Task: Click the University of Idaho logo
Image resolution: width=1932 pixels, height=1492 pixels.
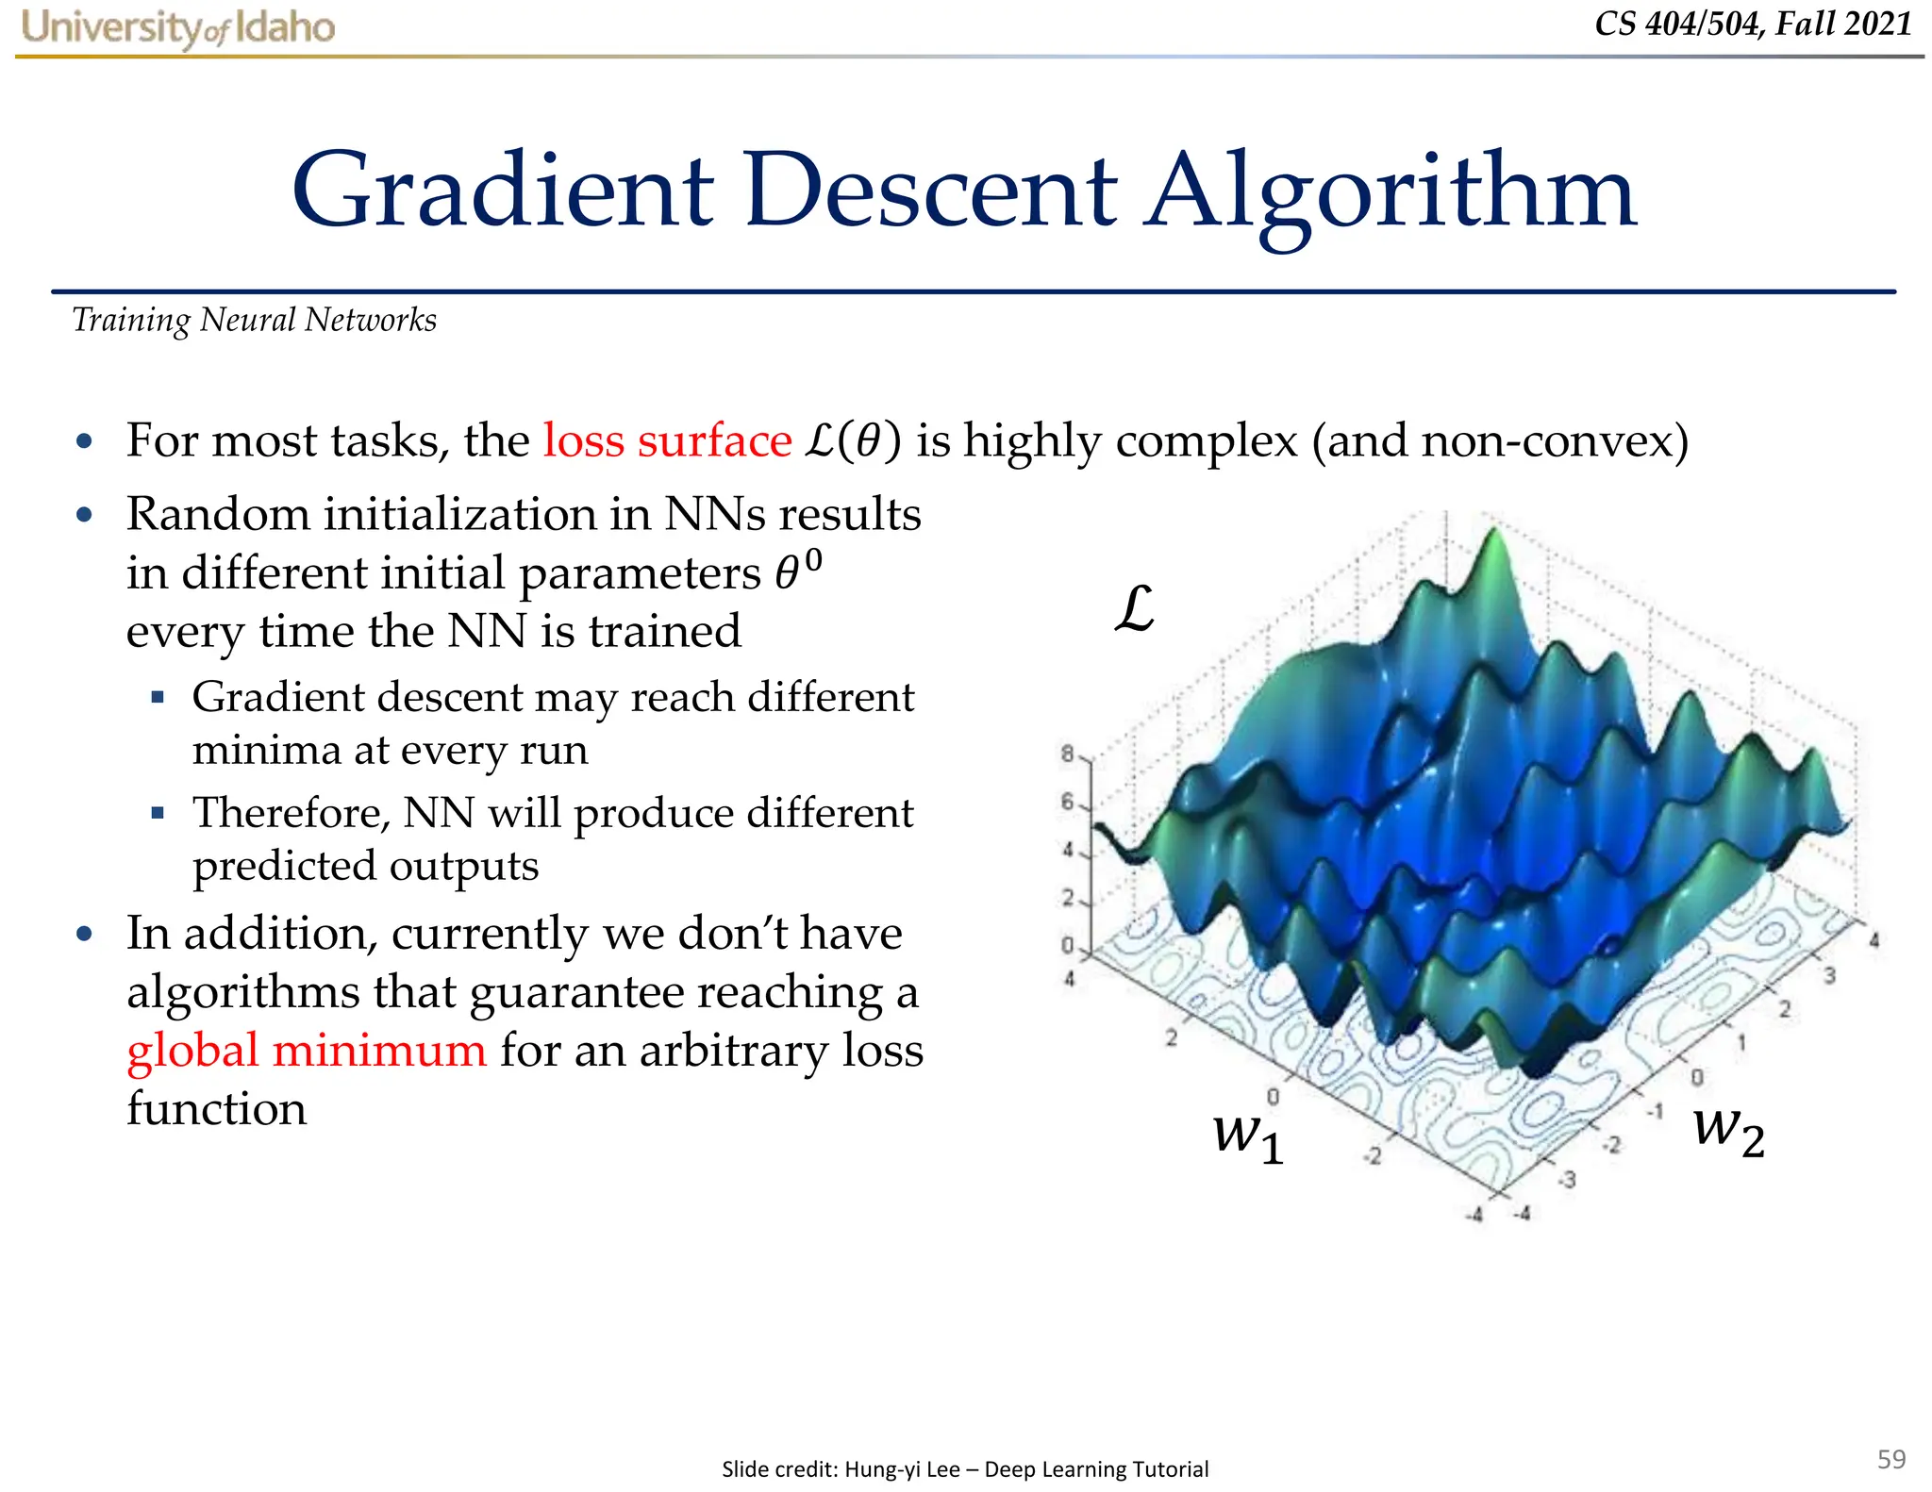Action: pos(178,26)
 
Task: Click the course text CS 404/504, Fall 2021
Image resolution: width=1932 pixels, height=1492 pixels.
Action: pos(1753,23)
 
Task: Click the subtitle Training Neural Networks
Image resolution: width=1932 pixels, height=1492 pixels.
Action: pos(254,321)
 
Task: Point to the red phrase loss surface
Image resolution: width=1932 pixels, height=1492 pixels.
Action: pos(667,440)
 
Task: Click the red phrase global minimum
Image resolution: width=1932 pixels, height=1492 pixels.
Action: pos(307,1050)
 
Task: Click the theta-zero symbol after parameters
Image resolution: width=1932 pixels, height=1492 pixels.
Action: pos(797,570)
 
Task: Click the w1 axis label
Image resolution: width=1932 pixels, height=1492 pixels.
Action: pos(1247,1136)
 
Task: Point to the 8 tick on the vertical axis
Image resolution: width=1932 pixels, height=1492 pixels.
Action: pos(1068,754)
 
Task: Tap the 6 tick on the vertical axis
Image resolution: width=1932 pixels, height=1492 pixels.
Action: pos(1068,802)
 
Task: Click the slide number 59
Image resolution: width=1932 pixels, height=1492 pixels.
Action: pos(1890,1459)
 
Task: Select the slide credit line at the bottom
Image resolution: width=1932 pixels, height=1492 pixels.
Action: pos(964,1468)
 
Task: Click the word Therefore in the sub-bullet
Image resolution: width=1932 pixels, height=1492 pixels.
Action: pos(291,812)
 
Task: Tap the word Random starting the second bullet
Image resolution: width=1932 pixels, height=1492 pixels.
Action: pos(218,514)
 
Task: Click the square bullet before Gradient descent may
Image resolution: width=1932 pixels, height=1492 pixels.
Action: pos(158,698)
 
